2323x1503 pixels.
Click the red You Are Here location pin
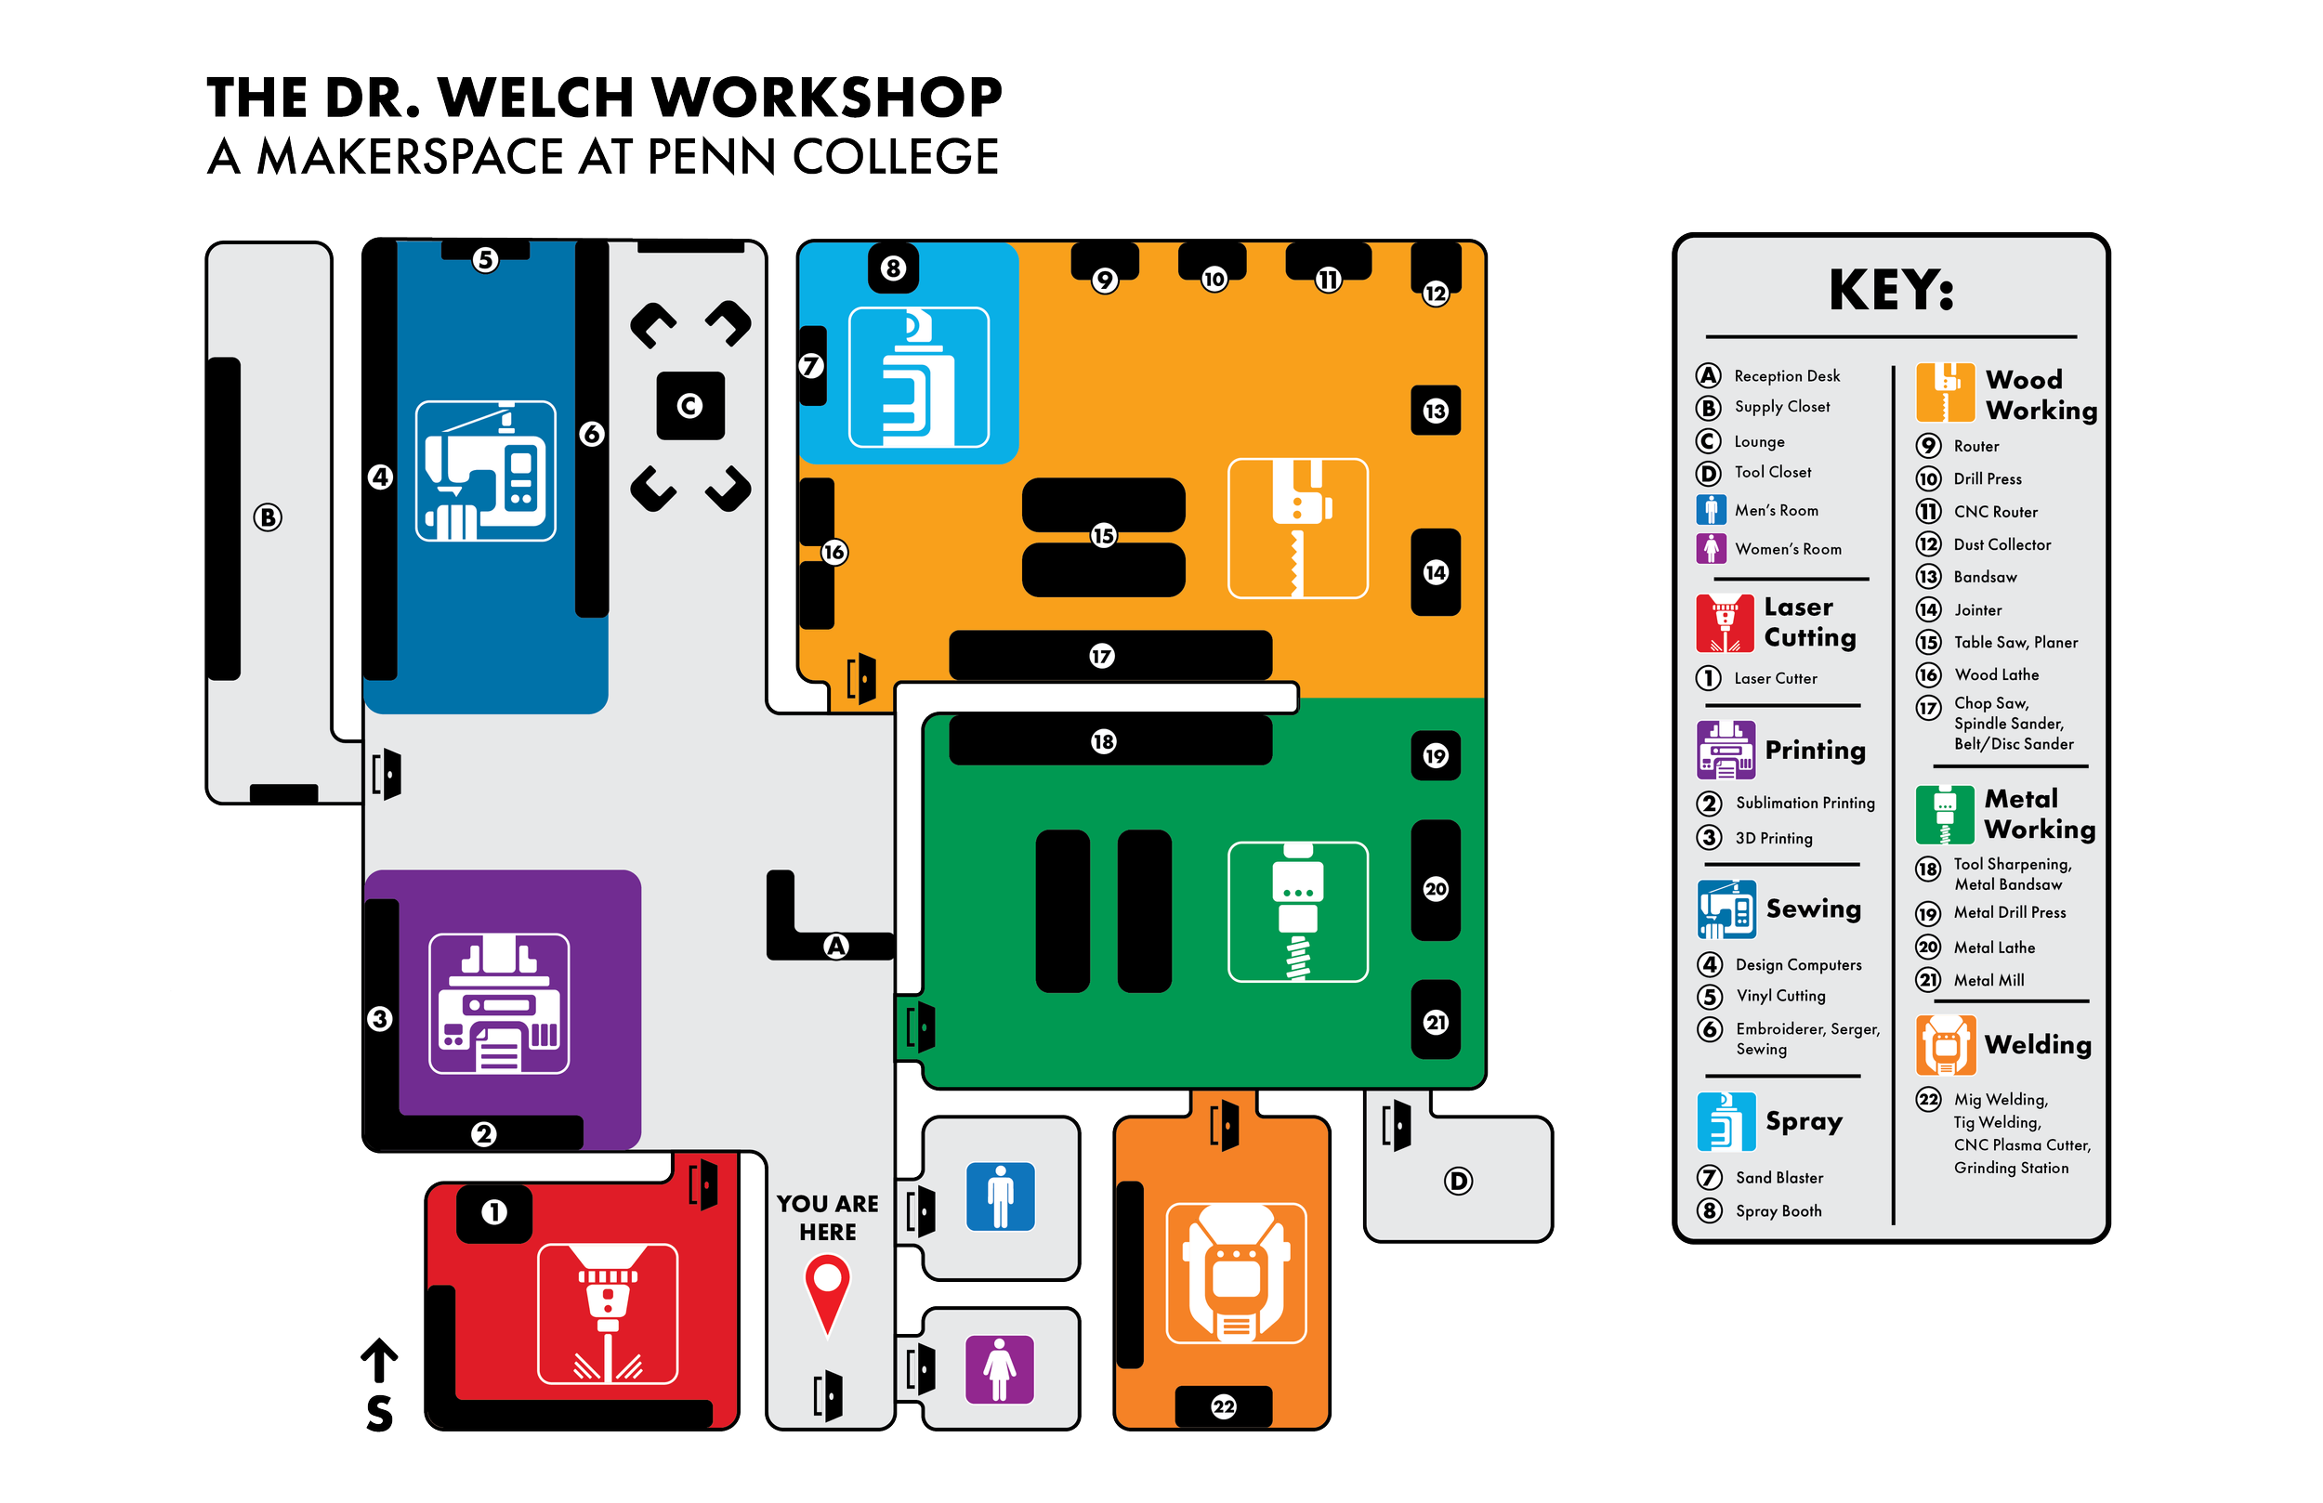[x=827, y=1288]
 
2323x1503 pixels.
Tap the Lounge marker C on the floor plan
[x=690, y=406]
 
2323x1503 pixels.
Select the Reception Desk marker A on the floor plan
[x=836, y=946]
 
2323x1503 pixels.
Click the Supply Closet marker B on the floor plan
[x=268, y=517]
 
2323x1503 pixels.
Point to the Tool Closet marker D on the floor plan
[x=1458, y=1182]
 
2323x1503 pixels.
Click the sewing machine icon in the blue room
[x=486, y=470]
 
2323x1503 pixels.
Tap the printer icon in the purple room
[x=500, y=1003]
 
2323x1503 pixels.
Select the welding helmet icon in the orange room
[x=1236, y=1274]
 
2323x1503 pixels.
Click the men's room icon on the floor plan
[x=1001, y=1196]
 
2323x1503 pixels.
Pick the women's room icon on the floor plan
[x=1000, y=1368]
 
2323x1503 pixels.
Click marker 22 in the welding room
[x=1224, y=1406]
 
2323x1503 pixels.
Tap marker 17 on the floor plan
[x=1102, y=656]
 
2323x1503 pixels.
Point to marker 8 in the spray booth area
[x=893, y=268]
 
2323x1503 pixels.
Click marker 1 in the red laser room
[x=494, y=1212]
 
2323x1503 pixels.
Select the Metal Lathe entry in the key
[x=1993, y=948]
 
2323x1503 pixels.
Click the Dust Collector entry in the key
[x=2001, y=544]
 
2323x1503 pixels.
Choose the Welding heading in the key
[x=2037, y=1045]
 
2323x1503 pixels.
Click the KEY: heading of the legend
[x=1891, y=290]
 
